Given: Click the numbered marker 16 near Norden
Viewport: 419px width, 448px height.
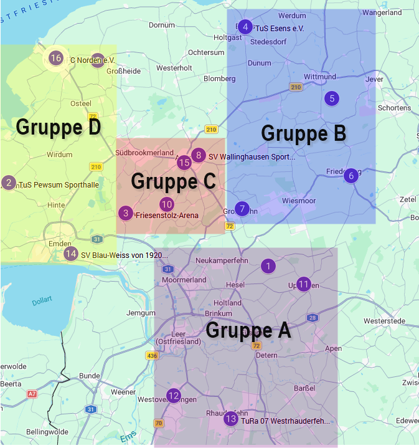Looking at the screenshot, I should coord(55,58).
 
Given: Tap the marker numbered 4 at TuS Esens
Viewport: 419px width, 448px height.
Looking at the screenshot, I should coord(245,27).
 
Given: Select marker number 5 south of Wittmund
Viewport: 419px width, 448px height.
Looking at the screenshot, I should coord(332,98).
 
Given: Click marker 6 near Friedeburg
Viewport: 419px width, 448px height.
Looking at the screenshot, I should coord(351,176).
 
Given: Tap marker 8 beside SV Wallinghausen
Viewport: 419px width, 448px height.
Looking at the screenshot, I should coord(199,155).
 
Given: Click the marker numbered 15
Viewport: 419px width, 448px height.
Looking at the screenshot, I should coord(184,163).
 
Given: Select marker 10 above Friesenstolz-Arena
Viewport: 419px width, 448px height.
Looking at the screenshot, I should coord(166,204).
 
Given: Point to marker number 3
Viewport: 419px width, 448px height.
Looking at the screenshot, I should coord(126,213).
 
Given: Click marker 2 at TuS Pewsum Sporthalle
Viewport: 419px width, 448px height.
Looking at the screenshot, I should coord(8,183).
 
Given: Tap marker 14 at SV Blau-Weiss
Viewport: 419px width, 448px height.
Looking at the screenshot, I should coord(71,254).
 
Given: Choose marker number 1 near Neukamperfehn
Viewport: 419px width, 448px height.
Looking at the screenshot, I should coord(268,266).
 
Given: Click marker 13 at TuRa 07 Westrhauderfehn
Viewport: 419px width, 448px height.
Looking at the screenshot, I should coord(230,419).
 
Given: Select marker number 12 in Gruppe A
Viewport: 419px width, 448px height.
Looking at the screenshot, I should coord(174,395).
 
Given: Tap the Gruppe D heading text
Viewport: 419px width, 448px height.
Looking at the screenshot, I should coord(59,127).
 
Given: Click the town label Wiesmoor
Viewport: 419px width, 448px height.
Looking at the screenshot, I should coord(299,201).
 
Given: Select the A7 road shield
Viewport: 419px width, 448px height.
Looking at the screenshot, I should coord(32,394).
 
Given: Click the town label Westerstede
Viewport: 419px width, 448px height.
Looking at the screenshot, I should coord(384,321).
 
